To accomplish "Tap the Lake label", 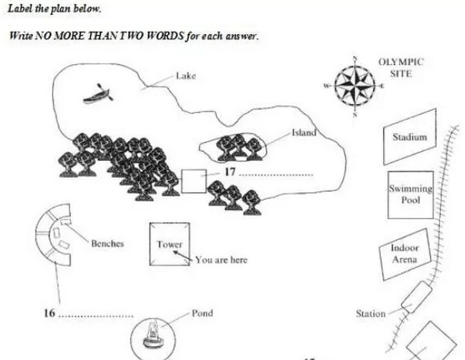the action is [186, 76].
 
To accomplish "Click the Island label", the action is [304, 133].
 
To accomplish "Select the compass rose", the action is [355, 86].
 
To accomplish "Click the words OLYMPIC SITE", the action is [401, 68].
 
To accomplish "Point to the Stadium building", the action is [410, 137].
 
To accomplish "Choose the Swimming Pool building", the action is [410, 195].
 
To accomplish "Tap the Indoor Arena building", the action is [405, 254].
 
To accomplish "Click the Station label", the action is [371, 314].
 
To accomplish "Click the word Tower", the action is [169, 245].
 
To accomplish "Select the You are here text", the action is [221, 260].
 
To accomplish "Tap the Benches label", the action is [108, 244].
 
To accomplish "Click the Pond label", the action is [202, 313].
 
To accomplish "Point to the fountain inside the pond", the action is [153, 334].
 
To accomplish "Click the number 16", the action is [50, 313].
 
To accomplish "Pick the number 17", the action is [230, 172].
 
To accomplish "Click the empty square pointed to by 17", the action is [194, 181].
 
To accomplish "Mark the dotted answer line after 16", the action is [96, 316].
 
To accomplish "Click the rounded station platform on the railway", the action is [417, 297].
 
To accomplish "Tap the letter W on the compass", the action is [326, 86].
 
